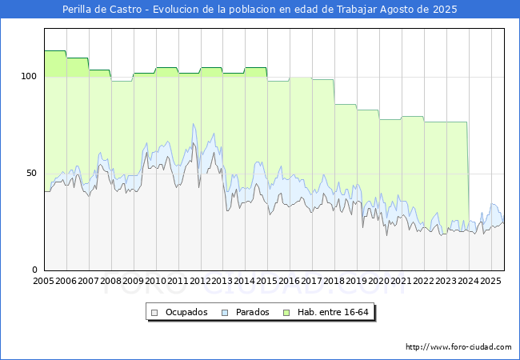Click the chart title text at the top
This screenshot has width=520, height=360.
point(260,10)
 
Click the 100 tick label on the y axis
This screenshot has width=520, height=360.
point(29,77)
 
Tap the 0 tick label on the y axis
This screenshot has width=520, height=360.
point(34,270)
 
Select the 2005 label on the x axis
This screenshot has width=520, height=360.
point(44,282)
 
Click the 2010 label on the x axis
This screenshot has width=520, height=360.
point(156,282)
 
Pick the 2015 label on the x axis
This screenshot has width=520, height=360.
point(267,282)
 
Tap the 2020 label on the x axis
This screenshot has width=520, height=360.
point(379,282)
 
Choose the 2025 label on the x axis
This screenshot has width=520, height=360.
point(490,282)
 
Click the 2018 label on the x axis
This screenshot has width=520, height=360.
point(334,282)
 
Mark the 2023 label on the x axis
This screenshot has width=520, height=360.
point(446,282)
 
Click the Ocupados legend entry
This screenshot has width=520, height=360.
point(186,312)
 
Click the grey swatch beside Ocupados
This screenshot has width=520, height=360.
point(155,312)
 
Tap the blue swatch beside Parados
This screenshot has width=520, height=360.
point(225,312)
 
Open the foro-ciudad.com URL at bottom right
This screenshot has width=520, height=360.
point(458,347)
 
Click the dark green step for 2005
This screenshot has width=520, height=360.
point(55,51)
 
